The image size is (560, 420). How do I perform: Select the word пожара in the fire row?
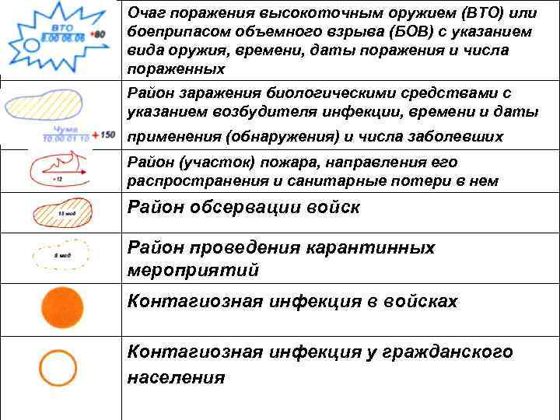[x=260, y=163]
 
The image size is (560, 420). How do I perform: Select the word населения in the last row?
[x=176, y=378]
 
